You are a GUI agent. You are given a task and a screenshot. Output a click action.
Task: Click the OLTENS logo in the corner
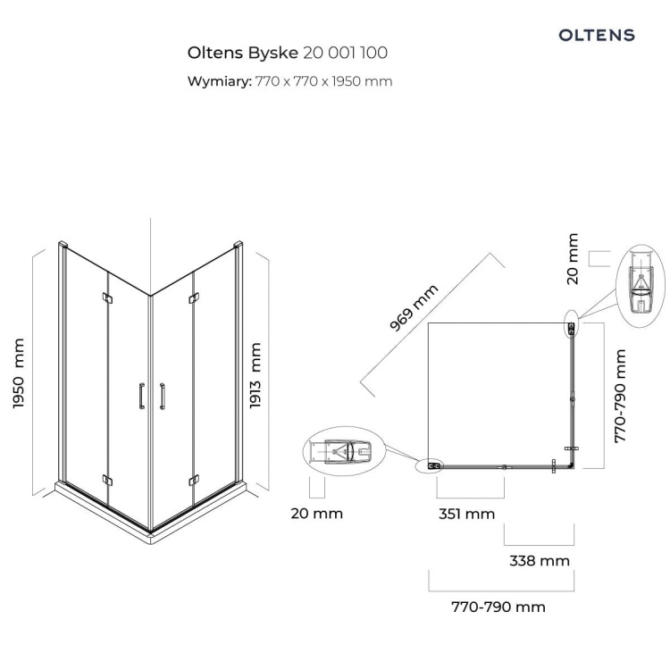[597, 35]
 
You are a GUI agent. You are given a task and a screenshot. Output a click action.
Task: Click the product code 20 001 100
[345, 53]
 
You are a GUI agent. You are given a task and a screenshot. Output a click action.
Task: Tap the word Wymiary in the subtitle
[219, 81]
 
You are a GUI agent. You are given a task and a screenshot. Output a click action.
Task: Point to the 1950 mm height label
[19, 373]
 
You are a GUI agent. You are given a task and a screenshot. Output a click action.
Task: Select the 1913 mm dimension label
[255, 375]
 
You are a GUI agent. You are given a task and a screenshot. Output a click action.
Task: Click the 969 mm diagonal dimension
[414, 307]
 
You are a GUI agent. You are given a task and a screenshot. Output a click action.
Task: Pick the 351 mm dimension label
[466, 514]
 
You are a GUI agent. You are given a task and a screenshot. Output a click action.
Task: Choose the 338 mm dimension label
[540, 561]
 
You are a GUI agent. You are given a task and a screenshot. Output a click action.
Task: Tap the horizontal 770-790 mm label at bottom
[498, 607]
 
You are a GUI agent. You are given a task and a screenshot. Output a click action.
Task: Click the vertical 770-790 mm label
[620, 396]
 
